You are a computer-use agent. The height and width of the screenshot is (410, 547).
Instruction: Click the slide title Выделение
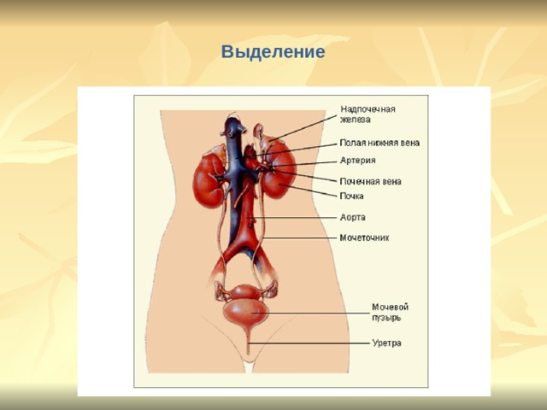coord(273,52)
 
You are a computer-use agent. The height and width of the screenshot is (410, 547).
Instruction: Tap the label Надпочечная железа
coord(368,114)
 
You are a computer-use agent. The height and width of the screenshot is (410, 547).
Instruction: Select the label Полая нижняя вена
coord(379,143)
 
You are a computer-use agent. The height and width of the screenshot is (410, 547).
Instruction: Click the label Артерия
coord(357,161)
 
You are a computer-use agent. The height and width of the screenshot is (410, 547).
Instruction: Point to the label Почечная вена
coord(370,181)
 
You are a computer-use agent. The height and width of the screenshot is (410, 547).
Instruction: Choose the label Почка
coord(351,196)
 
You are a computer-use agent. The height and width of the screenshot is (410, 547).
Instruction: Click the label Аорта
coord(353,217)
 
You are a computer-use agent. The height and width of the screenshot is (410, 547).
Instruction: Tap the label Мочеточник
coord(364,237)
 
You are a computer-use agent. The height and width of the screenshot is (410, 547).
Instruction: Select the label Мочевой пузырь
coord(390,313)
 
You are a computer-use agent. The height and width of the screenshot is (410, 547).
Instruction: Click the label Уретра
coord(387,343)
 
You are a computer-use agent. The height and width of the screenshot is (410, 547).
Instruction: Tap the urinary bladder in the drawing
coord(246,313)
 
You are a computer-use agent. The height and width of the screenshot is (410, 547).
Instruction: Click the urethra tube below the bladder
coord(248,341)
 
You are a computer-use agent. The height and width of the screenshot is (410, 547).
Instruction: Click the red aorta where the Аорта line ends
coord(248,218)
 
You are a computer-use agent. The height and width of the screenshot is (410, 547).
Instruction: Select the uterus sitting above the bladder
coord(246,292)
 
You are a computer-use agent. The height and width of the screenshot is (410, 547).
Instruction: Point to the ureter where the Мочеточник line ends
coord(262,237)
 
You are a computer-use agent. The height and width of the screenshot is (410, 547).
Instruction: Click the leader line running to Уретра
coord(309,343)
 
